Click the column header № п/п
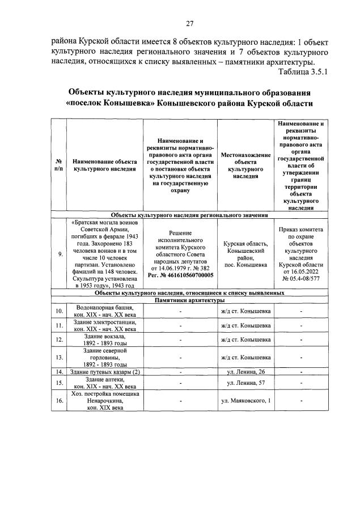(58, 165)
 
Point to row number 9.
(59, 254)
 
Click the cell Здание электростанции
(104, 325)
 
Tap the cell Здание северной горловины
(104, 357)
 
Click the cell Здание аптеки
(104, 383)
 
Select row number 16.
(59, 401)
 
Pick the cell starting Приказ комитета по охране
(300, 254)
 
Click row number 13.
(59, 357)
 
